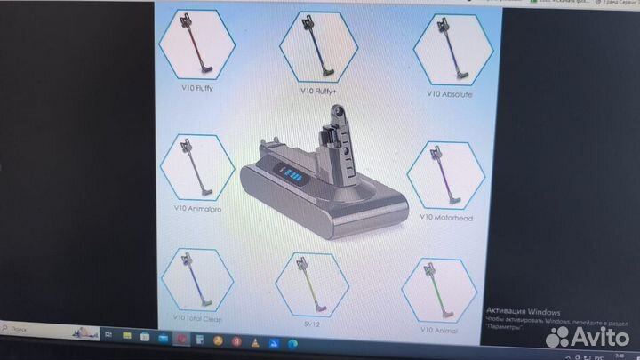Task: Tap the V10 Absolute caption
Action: pos(450,93)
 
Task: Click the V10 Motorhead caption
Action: pos(448,216)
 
